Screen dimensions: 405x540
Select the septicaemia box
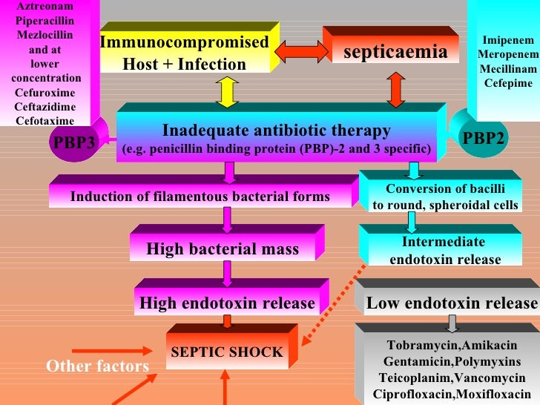pos(395,52)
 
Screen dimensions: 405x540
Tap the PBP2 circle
pos(483,138)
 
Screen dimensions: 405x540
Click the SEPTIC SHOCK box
pos(226,352)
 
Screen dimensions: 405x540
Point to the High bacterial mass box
pos(223,249)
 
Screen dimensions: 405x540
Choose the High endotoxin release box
pos(227,303)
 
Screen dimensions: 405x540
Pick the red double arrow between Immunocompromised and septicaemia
pos(301,51)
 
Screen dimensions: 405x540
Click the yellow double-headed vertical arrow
pos(227,92)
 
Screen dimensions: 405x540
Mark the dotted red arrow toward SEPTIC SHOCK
pos(334,304)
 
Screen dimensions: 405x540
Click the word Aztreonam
pos(45,6)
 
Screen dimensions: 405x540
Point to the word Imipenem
pos(507,39)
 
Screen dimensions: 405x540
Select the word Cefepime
pos(508,82)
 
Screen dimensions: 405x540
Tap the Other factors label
pos(97,366)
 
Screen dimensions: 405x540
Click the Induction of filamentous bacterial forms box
pos(200,197)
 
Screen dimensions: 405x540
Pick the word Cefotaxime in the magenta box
pos(45,120)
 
